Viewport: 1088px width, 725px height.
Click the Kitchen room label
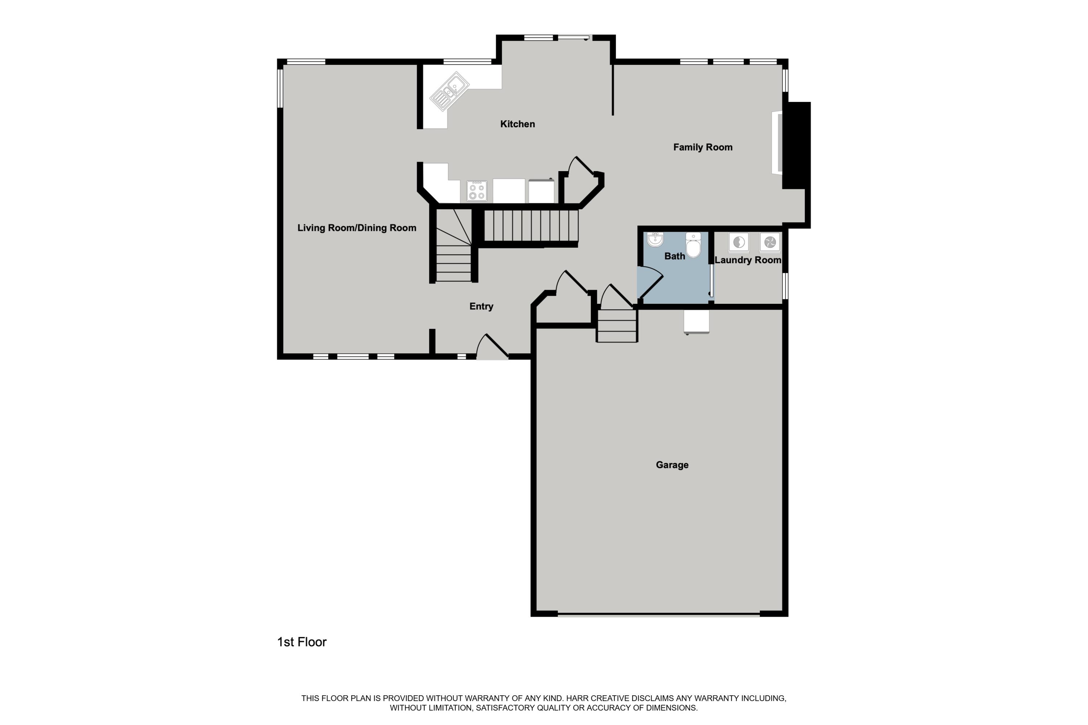click(x=517, y=124)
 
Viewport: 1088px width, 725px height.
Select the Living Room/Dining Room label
click(x=357, y=228)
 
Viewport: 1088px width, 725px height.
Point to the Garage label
click(x=672, y=465)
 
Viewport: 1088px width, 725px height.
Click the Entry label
click(x=481, y=306)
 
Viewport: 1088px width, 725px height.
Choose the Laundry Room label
click(x=747, y=260)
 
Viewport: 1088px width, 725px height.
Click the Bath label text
click(x=675, y=256)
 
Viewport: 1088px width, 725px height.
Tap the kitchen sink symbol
click(x=449, y=91)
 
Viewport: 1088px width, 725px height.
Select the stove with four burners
click(x=477, y=191)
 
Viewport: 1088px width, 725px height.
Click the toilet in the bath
click(x=693, y=245)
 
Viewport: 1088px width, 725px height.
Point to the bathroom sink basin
click(x=655, y=240)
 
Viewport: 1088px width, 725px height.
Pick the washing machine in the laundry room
click(x=739, y=242)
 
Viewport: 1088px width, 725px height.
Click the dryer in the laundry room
click(x=770, y=242)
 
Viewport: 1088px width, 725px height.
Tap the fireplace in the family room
click(x=777, y=143)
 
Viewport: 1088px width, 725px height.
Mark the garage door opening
click(x=659, y=614)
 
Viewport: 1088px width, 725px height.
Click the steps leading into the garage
click(x=617, y=326)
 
